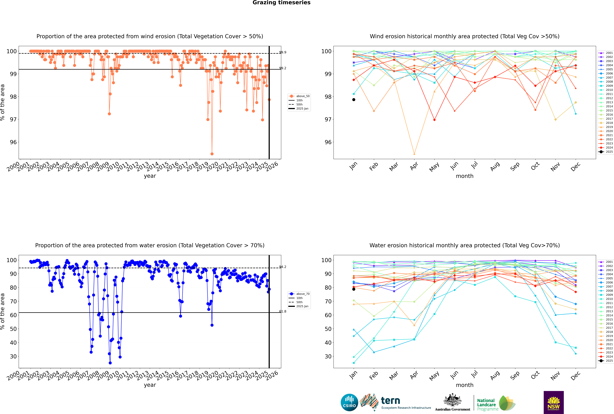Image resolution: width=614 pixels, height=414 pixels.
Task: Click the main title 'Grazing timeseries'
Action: tap(281, 3)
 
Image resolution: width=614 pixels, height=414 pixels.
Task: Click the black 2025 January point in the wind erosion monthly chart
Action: tap(354, 100)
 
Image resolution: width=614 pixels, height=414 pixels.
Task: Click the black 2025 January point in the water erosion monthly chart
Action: tap(354, 289)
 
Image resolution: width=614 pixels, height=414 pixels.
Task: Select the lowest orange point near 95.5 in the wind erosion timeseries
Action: tap(212, 154)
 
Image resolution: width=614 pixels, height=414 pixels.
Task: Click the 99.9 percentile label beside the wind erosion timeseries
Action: tap(283, 52)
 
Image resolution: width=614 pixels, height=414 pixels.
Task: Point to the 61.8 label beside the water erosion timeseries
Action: tap(283, 311)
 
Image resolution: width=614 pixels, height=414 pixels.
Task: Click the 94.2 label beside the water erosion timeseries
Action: tap(283, 267)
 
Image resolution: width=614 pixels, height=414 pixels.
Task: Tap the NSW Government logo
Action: tap(554, 402)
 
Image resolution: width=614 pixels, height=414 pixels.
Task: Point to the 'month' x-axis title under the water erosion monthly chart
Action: tap(465, 385)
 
